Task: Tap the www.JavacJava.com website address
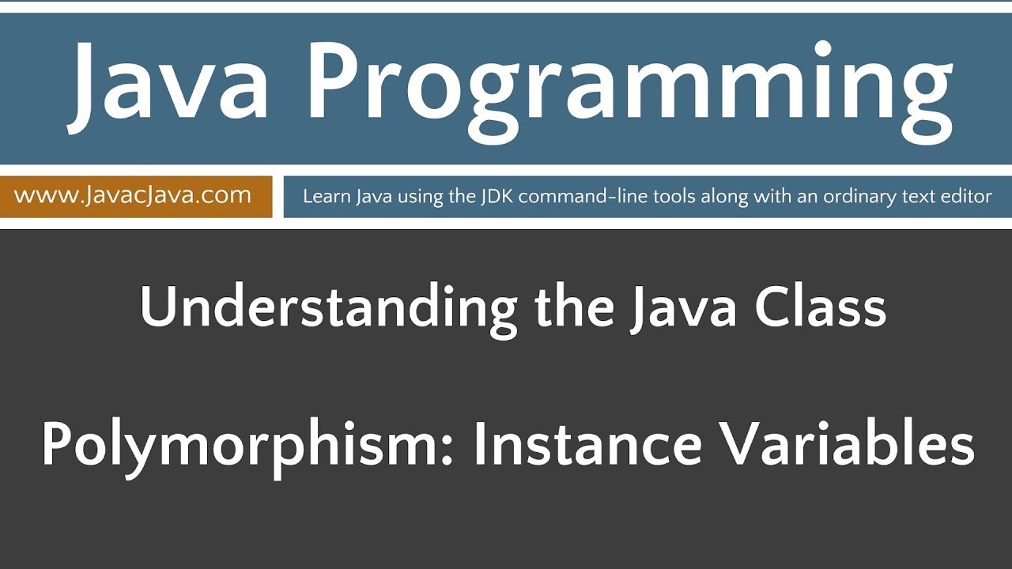[x=133, y=195]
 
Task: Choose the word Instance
[x=587, y=444]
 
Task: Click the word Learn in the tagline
[x=321, y=197]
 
